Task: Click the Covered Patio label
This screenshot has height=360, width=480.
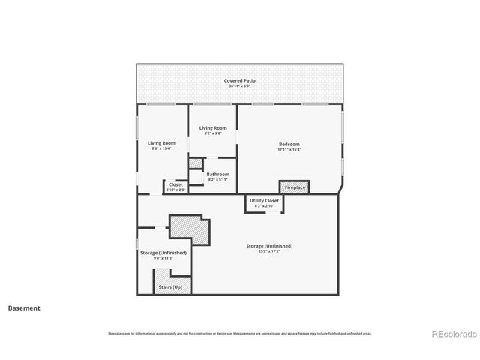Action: tap(237, 80)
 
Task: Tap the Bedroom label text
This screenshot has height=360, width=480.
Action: tap(289, 145)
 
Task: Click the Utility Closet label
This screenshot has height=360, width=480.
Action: tap(265, 201)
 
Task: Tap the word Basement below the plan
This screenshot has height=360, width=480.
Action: tap(24, 308)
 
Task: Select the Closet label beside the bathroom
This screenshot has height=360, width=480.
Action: tap(175, 184)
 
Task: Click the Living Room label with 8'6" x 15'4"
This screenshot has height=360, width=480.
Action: tap(161, 143)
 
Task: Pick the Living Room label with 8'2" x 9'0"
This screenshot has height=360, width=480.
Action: tap(213, 128)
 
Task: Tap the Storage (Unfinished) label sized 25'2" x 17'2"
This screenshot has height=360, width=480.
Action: tap(269, 246)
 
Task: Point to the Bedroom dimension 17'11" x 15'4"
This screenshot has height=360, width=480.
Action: tap(289, 150)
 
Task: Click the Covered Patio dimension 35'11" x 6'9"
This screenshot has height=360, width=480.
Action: tap(237, 86)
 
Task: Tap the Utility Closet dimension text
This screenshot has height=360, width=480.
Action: tap(265, 206)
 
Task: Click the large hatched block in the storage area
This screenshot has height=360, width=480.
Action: tap(189, 228)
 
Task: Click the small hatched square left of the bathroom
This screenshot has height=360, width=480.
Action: tap(194, 163)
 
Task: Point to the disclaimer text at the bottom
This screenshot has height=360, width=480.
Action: tap(240, 333)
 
